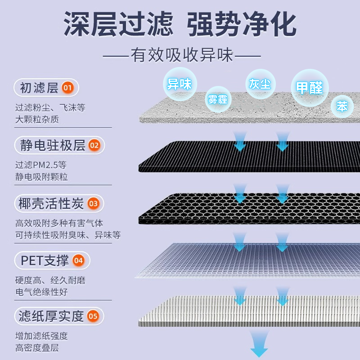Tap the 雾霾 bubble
[x=217, y=99]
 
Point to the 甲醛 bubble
[x=310, y=88]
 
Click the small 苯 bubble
[x=342, y=107]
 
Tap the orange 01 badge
[x=67, y=87]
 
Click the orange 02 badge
[x=94, y=145]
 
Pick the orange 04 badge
[x=78, y=260]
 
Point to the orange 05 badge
[x=93, y=316]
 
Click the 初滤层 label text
[x=39, y=87]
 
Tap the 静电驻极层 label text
[x=53, y=145]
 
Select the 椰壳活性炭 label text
[x=51, y=203]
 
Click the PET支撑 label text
[x=45, y=260]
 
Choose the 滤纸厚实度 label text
[x=51, y=316]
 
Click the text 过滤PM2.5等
[x=41, y=165]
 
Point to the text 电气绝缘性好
[x=41, y=292]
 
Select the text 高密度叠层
[x=37, y=348]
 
